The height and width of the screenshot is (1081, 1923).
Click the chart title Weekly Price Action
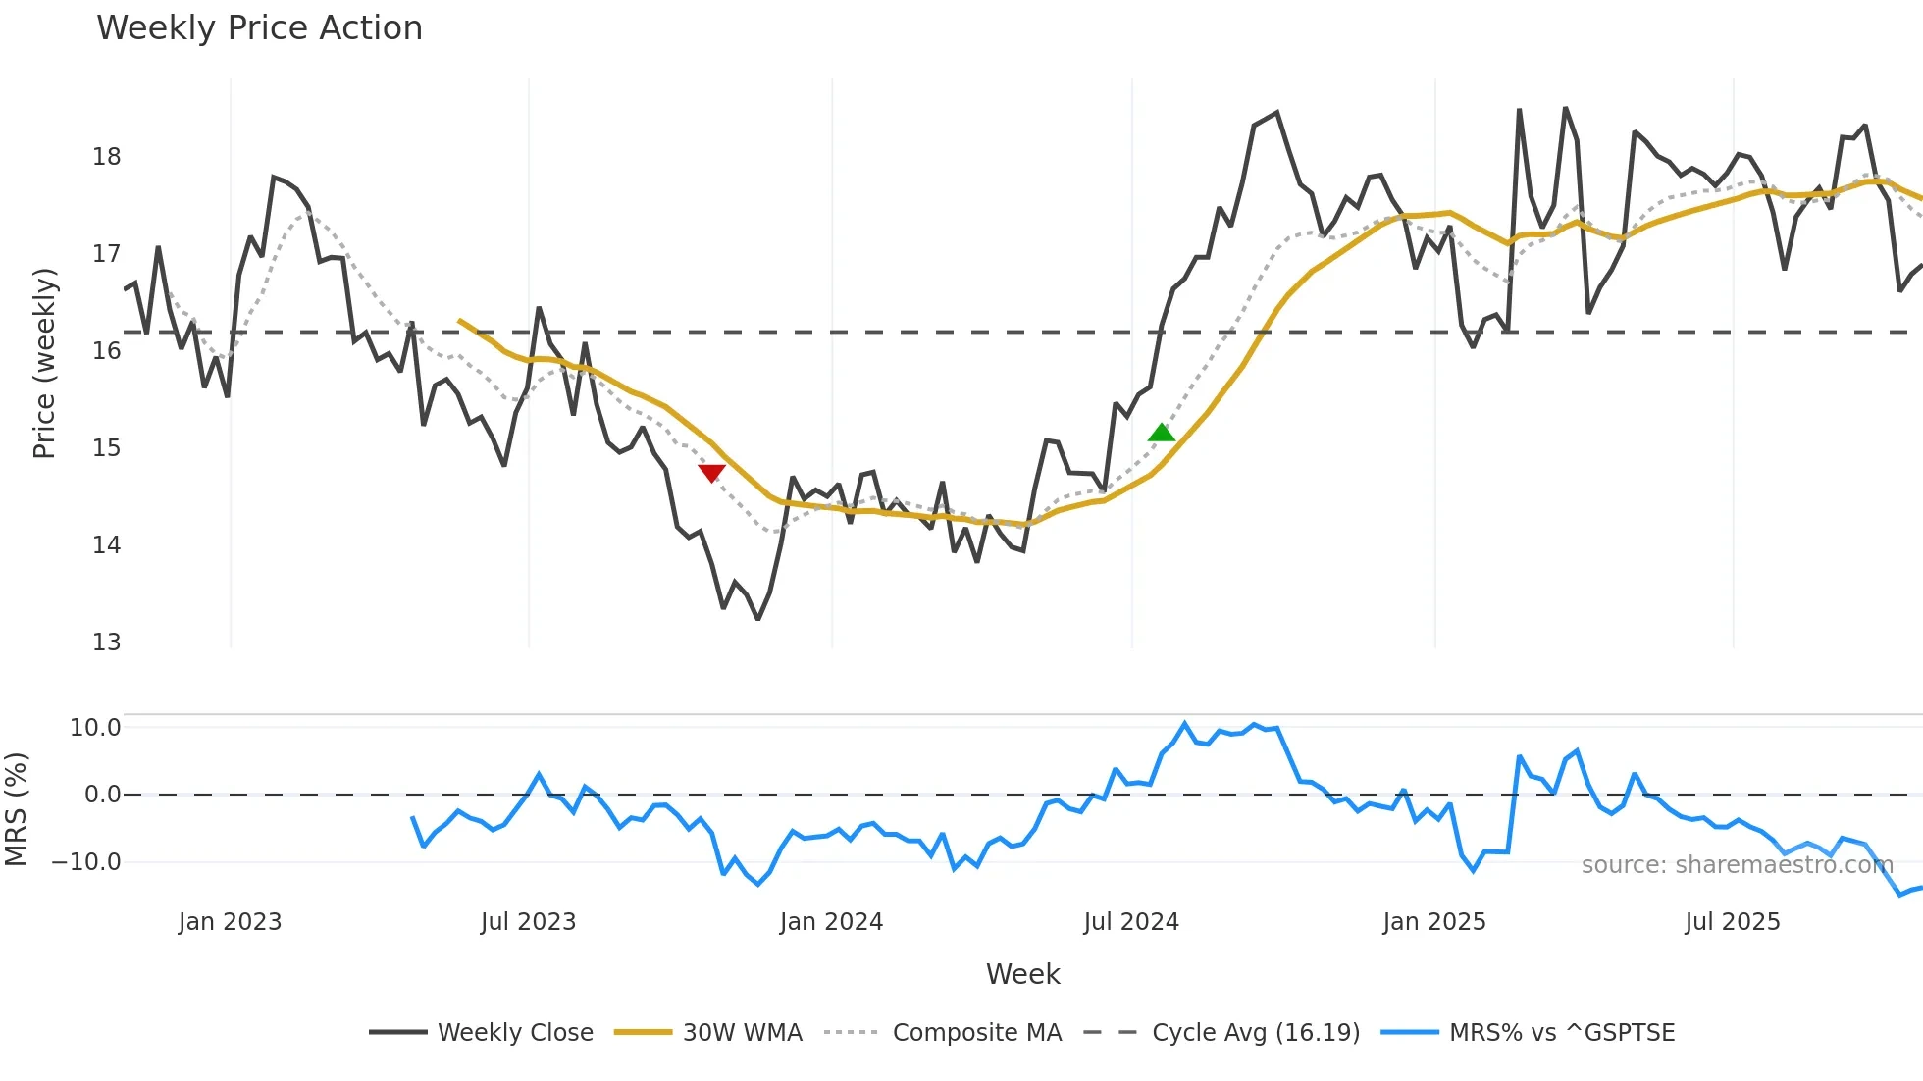[259, 28]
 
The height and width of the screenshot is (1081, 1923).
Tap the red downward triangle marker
[711, 473]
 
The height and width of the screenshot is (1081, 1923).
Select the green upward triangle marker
[1162, 433]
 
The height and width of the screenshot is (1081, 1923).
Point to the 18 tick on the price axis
[106, 157]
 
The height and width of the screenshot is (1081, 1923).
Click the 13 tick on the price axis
[106, 643]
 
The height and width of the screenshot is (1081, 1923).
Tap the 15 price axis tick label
[106, 448]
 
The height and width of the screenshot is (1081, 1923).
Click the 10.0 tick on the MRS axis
[95, 728]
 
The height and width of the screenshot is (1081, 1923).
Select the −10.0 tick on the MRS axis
[86, 862]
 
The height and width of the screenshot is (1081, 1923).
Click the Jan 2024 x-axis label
[831, 922]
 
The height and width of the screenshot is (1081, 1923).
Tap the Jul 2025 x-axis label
[1732, 922]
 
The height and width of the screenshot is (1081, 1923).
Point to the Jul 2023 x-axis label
[528, 922]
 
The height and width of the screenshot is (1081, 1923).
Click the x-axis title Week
[1022, 974]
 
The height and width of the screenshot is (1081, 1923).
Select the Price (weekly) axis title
[44, 363]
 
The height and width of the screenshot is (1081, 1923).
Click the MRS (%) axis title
[16, 809]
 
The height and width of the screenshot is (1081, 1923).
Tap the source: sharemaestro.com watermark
[1737, 865]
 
